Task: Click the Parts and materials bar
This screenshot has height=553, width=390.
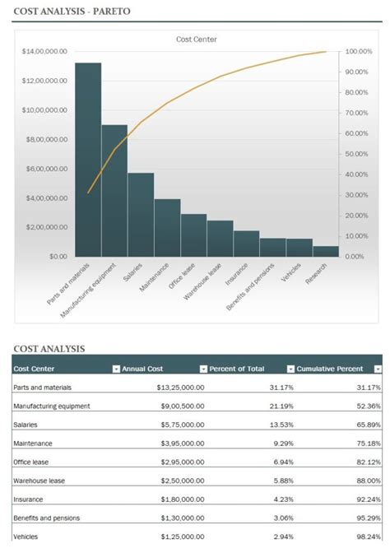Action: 88,159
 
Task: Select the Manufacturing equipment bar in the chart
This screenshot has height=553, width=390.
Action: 114,190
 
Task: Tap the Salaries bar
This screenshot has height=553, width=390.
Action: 141,214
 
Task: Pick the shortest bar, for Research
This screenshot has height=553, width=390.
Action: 326,251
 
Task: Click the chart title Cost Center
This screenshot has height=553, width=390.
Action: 197,39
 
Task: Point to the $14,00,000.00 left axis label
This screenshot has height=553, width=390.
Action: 44,51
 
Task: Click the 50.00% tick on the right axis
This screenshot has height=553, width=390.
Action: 361,154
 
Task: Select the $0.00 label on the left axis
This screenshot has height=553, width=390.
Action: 58,256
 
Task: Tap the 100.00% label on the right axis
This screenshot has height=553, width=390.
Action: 360,51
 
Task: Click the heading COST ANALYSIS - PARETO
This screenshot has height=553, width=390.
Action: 72,11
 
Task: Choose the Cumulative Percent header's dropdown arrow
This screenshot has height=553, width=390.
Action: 378,369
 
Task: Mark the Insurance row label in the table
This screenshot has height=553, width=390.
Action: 29,500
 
